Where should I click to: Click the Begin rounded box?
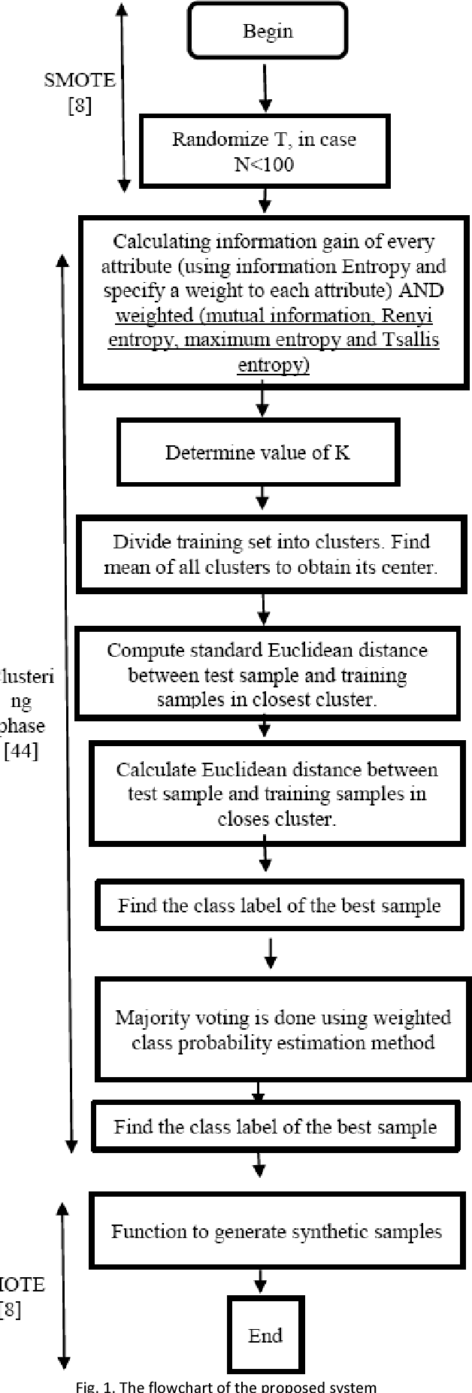(x=267, y=31)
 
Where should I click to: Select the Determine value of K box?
(x=257, y=453)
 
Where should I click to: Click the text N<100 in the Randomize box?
(x=264, y=163)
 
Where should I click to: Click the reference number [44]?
(x=21, y=751)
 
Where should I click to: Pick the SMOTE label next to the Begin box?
(x=80, y=80)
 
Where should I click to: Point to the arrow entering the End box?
(x=260, y=1280)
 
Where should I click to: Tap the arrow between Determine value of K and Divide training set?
(x=262, y=497)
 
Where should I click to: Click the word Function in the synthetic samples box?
(x=144, y=1231)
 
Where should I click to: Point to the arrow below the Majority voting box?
(x=258, y=1091)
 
